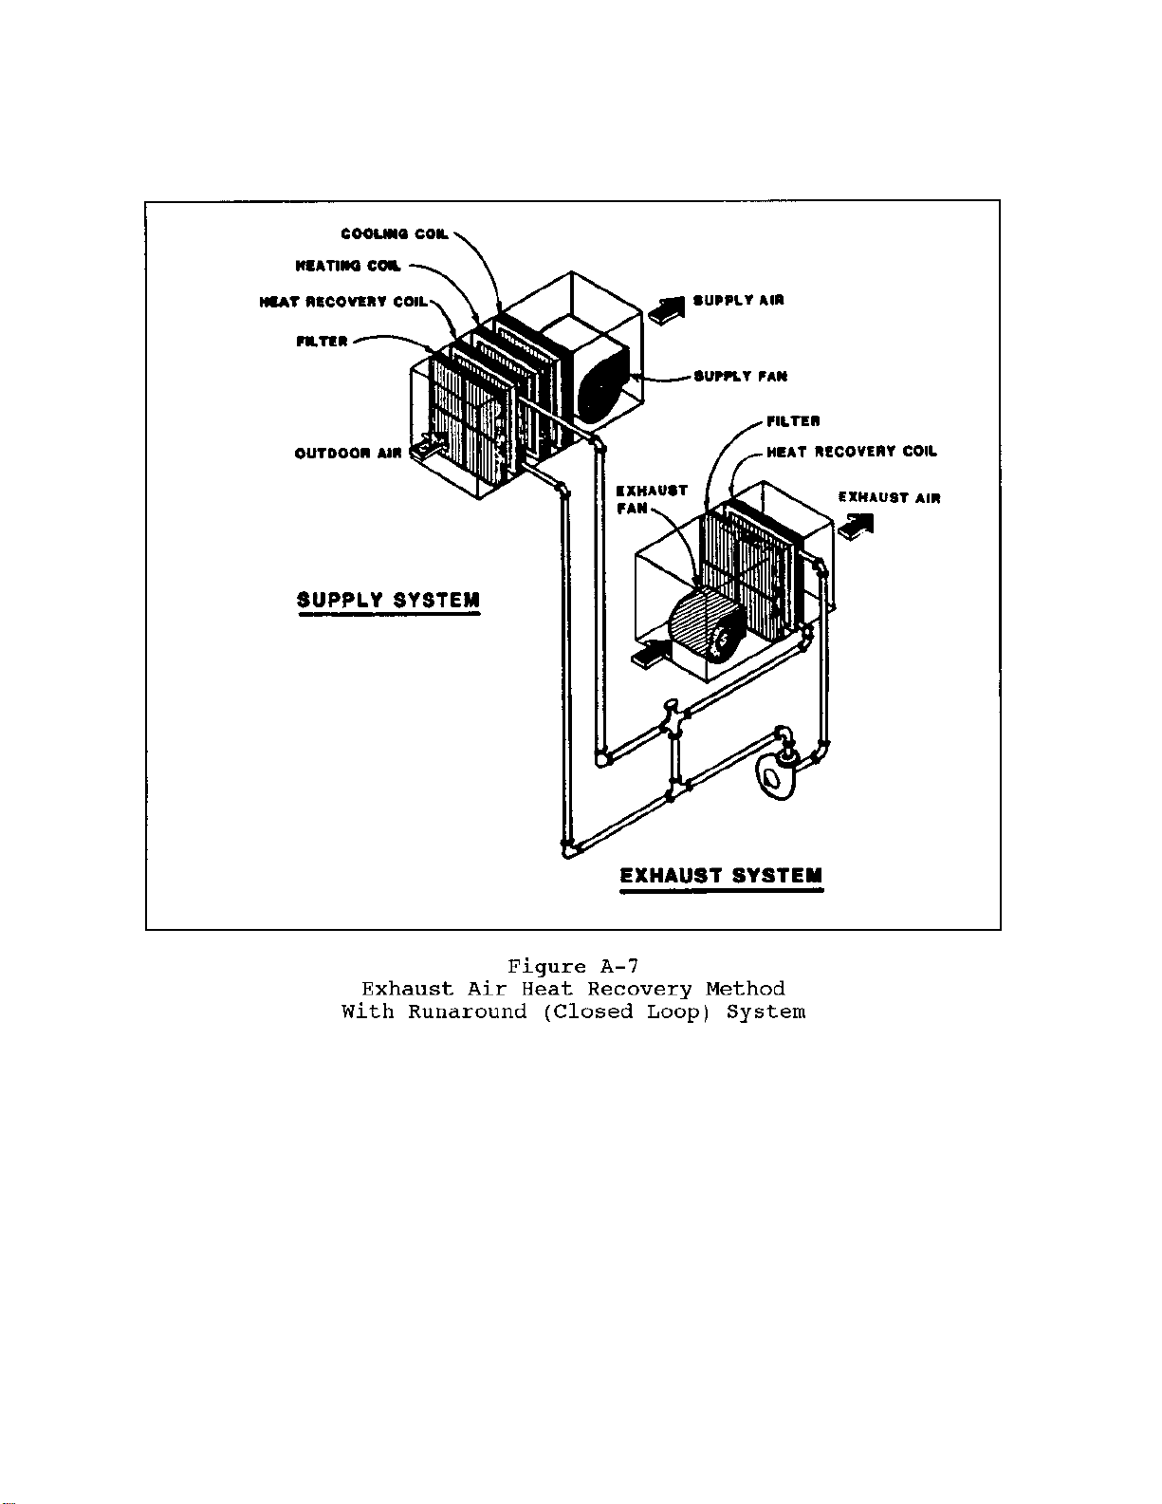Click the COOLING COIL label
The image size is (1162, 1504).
(395, 234)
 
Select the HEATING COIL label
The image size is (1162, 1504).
(348, 267)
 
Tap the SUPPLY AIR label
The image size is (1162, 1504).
(739, 301)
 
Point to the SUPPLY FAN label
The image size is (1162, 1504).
(741, 377)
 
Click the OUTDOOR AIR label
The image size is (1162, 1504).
(348, 454)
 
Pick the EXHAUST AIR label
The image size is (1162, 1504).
(890, 497)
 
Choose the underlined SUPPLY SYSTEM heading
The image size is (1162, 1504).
(389, 601)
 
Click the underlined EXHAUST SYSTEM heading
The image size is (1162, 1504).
(722, 877)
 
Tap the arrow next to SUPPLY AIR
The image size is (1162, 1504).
(667, 307)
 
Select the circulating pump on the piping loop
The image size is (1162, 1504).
(779, 771)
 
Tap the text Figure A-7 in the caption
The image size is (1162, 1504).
(573, 967)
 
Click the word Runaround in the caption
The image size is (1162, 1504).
(467, 1012)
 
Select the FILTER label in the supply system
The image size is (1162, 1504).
(323, 342)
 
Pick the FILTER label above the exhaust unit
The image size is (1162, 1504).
(793, 420)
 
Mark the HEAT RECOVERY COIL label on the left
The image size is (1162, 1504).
(343, 302)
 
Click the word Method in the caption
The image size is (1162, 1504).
(746, 989)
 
